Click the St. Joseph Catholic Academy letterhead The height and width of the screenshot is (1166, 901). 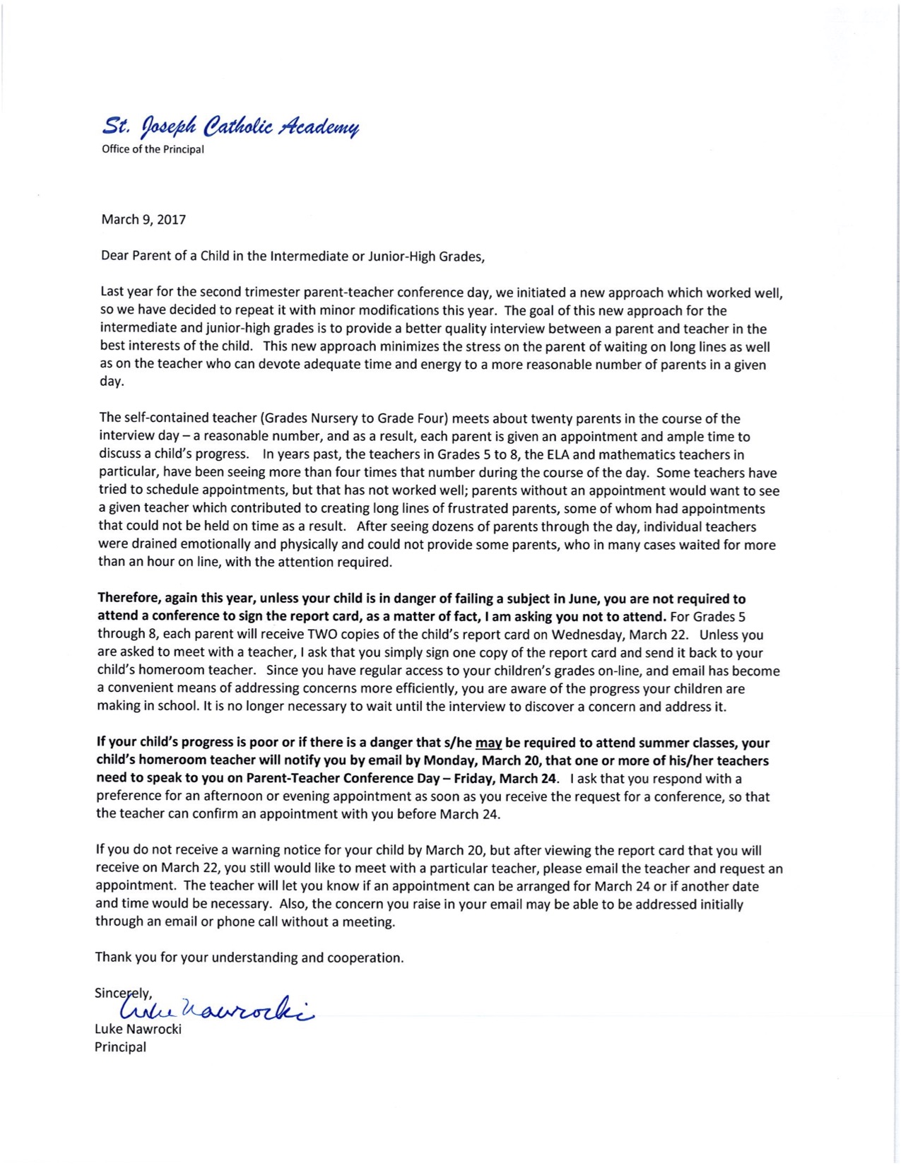[230, 127]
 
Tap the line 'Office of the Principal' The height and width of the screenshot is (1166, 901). [153, 150]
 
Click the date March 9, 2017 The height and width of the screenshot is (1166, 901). [143, 220]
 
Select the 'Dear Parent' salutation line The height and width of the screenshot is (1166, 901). [293, 256]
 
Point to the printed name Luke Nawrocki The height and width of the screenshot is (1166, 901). [138, 1030]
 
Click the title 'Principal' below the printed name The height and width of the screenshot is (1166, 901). [120, 1047]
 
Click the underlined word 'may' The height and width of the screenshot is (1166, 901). [488, 743]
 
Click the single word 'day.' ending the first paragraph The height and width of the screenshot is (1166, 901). [112, 382]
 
